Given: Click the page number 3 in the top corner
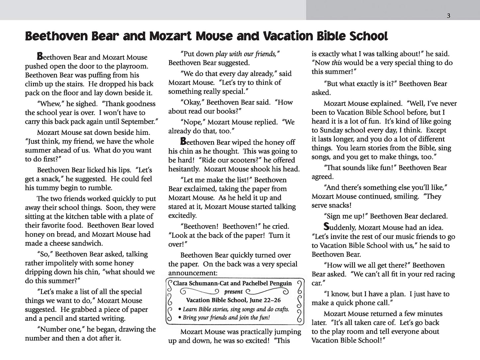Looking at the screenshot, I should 448,16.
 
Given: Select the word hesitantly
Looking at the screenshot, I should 184,169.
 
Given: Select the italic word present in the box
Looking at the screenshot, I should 234,292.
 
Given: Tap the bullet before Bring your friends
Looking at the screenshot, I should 180,318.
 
